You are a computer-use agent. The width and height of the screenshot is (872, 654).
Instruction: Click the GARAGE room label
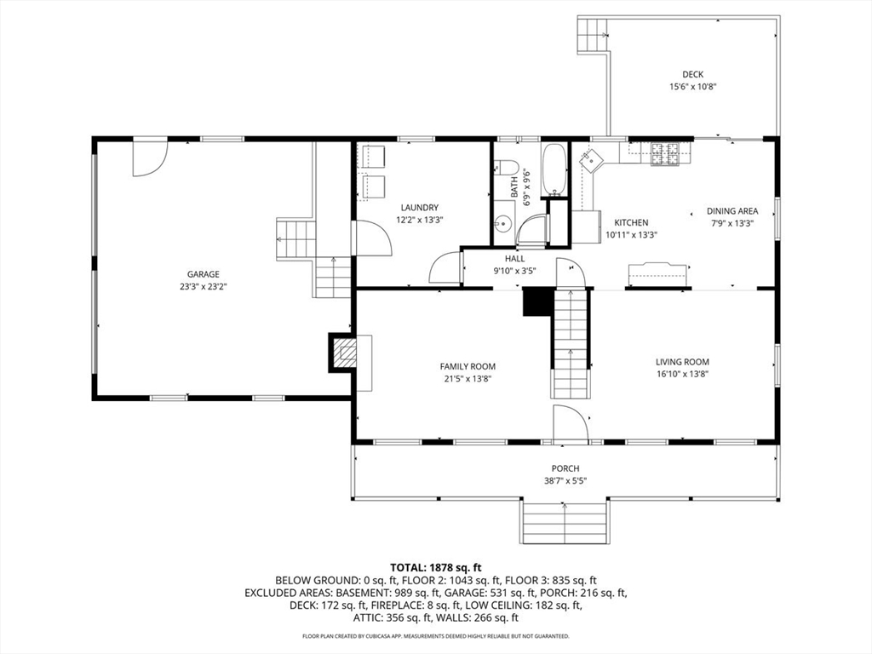pos(203,274)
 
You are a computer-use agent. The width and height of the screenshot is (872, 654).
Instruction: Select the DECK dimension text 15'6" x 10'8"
pos(692,87)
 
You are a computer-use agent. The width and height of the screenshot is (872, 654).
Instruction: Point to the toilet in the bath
pos(506,166)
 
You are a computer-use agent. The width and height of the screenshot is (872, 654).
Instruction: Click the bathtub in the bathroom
pos(554,170)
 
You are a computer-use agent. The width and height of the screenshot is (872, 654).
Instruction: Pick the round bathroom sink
pos(503,224)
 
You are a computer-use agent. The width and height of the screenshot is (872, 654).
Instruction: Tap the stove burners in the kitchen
pos(665,154)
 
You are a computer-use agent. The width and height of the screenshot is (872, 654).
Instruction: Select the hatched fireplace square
pos(345,353)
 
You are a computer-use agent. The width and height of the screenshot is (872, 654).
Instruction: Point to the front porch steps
pos(565,522)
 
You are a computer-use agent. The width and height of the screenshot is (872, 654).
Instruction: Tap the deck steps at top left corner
pos(592,34)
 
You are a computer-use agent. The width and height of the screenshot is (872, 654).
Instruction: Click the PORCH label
pos(565,469)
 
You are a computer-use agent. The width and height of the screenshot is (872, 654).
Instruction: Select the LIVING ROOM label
pos(682,362)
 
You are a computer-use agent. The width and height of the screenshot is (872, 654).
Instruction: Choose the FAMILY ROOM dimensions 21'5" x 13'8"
pos(468,379)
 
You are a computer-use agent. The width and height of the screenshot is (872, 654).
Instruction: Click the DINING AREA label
pos(731,211)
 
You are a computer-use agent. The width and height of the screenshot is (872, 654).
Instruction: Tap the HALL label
pos(514,259)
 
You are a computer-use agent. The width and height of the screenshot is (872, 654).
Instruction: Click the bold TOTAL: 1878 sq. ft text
pos(435,568)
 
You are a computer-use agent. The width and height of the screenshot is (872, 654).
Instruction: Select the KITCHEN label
pos(631,222)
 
